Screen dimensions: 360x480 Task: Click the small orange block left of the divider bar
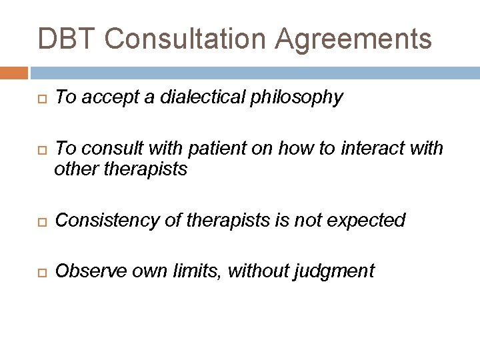pyautogui.click(x=14, y=73)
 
